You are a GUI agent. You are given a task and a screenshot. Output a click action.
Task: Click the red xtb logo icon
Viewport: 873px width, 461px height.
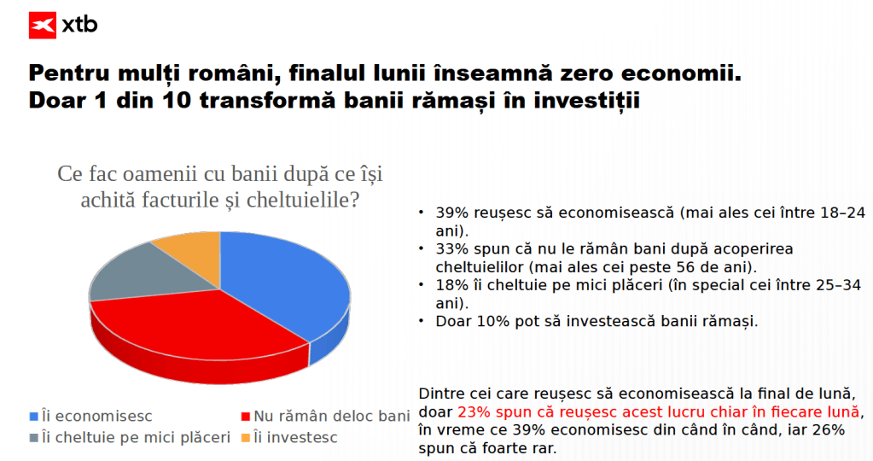(43, 25)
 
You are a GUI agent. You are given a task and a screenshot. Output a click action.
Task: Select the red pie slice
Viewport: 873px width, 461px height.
(201, 334)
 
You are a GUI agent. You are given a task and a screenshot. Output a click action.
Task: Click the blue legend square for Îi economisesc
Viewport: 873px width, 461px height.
(33, 417)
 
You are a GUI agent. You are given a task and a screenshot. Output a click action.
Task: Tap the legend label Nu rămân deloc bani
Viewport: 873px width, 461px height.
(332, 416)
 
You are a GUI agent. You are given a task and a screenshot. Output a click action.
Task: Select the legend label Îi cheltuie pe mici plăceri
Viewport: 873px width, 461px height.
(136, 438)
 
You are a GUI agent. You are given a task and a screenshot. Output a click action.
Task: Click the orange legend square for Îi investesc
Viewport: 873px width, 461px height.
(246, 438)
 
